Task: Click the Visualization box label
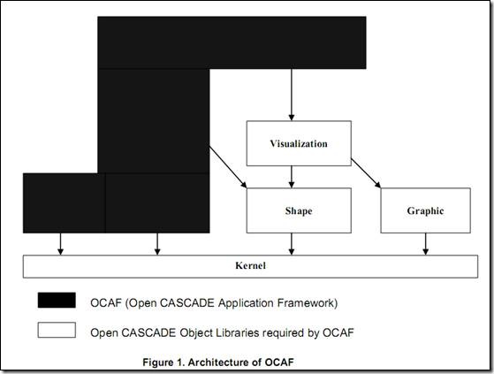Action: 299,144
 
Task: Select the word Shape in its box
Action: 299,210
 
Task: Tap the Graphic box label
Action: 425,210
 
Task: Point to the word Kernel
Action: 250,265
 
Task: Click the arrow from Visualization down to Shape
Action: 292,177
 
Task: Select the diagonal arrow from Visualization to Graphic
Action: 366,173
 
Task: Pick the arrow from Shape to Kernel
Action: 292,244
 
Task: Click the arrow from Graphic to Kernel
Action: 426,244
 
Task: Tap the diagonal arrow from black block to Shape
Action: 228,167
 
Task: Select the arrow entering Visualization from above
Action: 292,95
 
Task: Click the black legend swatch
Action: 57,300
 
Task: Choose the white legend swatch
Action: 57,330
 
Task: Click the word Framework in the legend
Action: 308,303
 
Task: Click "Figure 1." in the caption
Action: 163,362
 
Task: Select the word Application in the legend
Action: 246,303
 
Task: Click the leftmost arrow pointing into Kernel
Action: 60,244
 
